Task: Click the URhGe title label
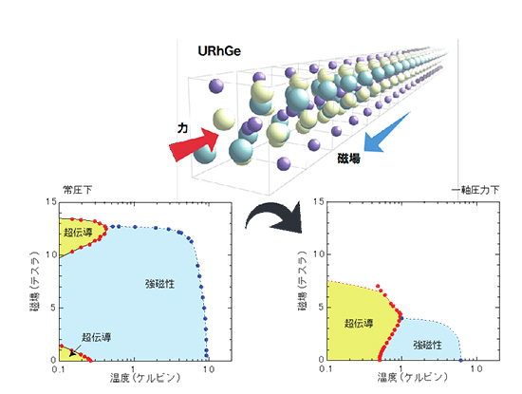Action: click(x=219, y=51)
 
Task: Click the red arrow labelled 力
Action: click(x=194, y=144)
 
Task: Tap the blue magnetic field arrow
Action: click(x=386, y=133)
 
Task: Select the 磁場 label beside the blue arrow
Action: click(x=348, y=159)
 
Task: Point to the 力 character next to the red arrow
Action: click(x=182, y=128)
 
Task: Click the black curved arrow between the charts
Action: click(x=273, y=217)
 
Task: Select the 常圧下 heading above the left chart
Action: click(x=77, y=190)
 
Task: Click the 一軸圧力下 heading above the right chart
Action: click(x=475, y=190)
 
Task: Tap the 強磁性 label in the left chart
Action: click(x=159, y=284)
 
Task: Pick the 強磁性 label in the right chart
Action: click(x=428, y=345)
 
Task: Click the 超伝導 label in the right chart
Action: click(x=359, y=323)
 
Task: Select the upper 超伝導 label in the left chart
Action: click(x=78, y=232)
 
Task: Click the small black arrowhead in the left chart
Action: click(x=72, y=353)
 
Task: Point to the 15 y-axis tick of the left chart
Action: click(x=51, y=202)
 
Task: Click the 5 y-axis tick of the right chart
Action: click(x=321, y=307)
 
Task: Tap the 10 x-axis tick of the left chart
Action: click(x=209, y=369)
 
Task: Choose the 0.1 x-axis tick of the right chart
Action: click(x=326, y=369)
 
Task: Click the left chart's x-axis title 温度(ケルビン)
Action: click(x=145, y=379)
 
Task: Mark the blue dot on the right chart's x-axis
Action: click(x=460, y=361)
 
